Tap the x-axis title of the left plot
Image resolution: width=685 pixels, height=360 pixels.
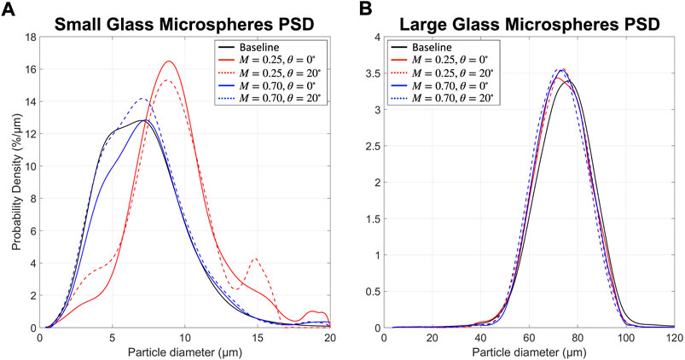pyautogui.click(x=187, y=351)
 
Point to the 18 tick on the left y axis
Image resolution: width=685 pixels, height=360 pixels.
pyautogui.click(x=32, y=37)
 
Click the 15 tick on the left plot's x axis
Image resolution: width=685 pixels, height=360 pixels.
pyautogui.click(x=258, y=338)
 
